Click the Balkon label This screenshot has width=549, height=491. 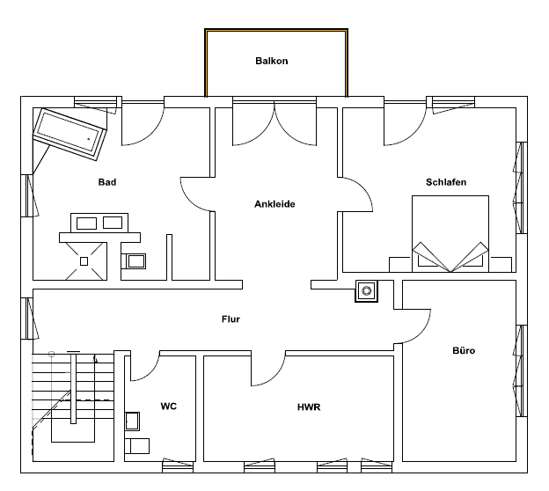(x=272, y=61)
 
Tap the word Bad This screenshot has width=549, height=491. (x=107, y=182)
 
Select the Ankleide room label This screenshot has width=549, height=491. (x=274, y=204)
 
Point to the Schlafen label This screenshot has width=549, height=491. (x=446, y=182)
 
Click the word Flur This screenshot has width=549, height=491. (x=231, y=319)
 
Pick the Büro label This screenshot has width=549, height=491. (x=464, y=350)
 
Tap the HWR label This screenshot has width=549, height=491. (x=309, y=407)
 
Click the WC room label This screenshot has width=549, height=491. (x=168, y=407)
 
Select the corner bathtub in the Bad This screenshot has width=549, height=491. (x=70, y=135)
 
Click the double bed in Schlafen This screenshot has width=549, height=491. (x=450, y=233)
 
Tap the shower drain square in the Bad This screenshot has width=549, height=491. (x=84, y=261)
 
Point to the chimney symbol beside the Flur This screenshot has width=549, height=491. (x=367, y=290)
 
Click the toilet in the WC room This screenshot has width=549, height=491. (x=137, y=446)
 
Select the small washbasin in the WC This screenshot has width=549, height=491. (x=132, y=421)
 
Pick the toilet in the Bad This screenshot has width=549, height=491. (x=134, y=261)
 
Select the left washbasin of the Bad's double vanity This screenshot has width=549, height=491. (x=86, y=224)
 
